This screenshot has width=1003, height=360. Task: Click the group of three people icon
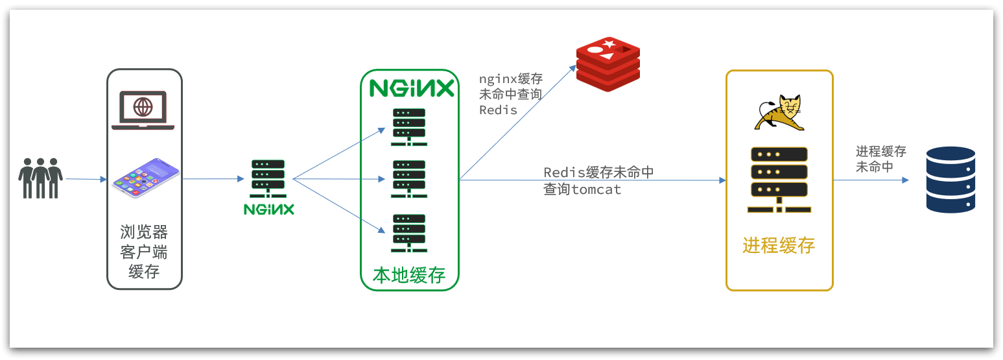pyautogui.click(x=41, y=178)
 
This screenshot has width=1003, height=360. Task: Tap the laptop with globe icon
pyautogui.click(x=143, y=110)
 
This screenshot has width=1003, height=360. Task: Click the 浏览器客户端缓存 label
pyautogui.click(x=144, y=252)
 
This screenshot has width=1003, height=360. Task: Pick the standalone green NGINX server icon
pyautogui.click(x=268, y=179)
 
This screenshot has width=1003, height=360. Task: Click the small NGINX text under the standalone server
pyautogui.click(x=268, y=210)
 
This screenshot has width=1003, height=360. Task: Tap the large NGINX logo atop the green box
pyautogui.click(x=412, y=88)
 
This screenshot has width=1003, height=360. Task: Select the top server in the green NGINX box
pyautogui.click(x=409, y=127)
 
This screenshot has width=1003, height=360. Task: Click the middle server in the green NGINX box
pyautogui.click(x=409, y=179)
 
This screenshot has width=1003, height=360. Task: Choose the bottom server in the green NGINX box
pyautogui.click(x=409, y=232)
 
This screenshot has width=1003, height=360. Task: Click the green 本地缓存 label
pyautogui.click(x=409, y=275)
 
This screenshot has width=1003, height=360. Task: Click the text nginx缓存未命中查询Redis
pyautogui.click(x=510, y=95)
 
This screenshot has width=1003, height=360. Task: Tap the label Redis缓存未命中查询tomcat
pyautogui.click(x=598, y=181)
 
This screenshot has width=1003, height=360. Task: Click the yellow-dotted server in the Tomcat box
pyautogui.click(x=779, y=179)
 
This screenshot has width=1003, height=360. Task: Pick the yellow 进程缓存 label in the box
pyautogui.click(x=779, y=246)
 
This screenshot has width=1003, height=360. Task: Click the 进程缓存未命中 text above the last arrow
pyautogui.click(x=880, y=159)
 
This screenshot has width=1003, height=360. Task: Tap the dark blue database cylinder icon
pyautogui.click(x=950, y=180)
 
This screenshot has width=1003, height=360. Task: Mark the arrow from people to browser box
pyautogui.click(x=86, y=179)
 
